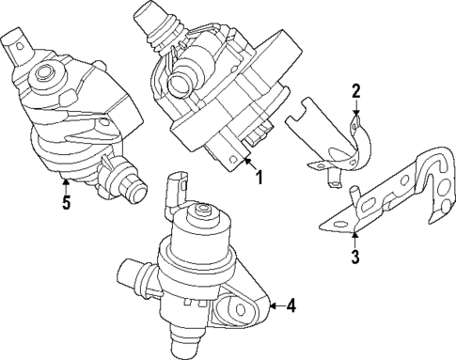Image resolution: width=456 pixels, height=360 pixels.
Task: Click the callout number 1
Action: (x=259, y=175)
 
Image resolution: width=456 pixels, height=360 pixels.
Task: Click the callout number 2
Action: (x=356, y=91)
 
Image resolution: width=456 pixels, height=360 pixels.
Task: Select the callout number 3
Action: (x=354, y=256)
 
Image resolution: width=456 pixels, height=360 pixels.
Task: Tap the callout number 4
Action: (x=291, y=305)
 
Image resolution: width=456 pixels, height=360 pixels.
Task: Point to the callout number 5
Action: (x=65, y=202)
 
